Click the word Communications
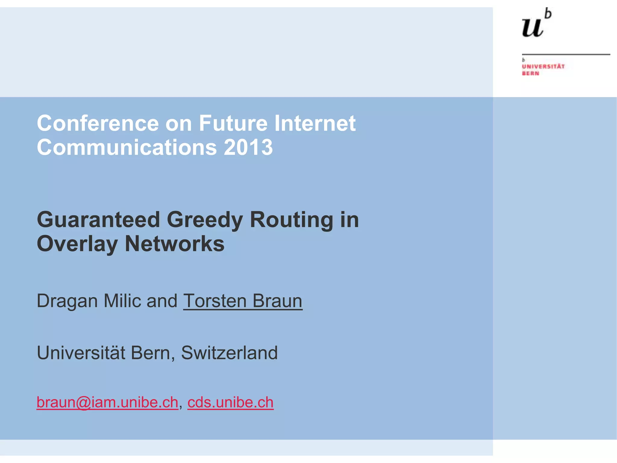[127, 147]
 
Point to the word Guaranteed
[98, 220]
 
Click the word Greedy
[205, 220]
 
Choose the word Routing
[291, 220]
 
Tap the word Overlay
[77, 244]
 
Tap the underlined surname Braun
[277, 301]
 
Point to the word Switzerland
[229, 353]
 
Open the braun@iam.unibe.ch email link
[107, 402]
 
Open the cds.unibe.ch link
[230, 402]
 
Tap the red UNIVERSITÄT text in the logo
[543, 66]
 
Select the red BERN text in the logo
[531, 74]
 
